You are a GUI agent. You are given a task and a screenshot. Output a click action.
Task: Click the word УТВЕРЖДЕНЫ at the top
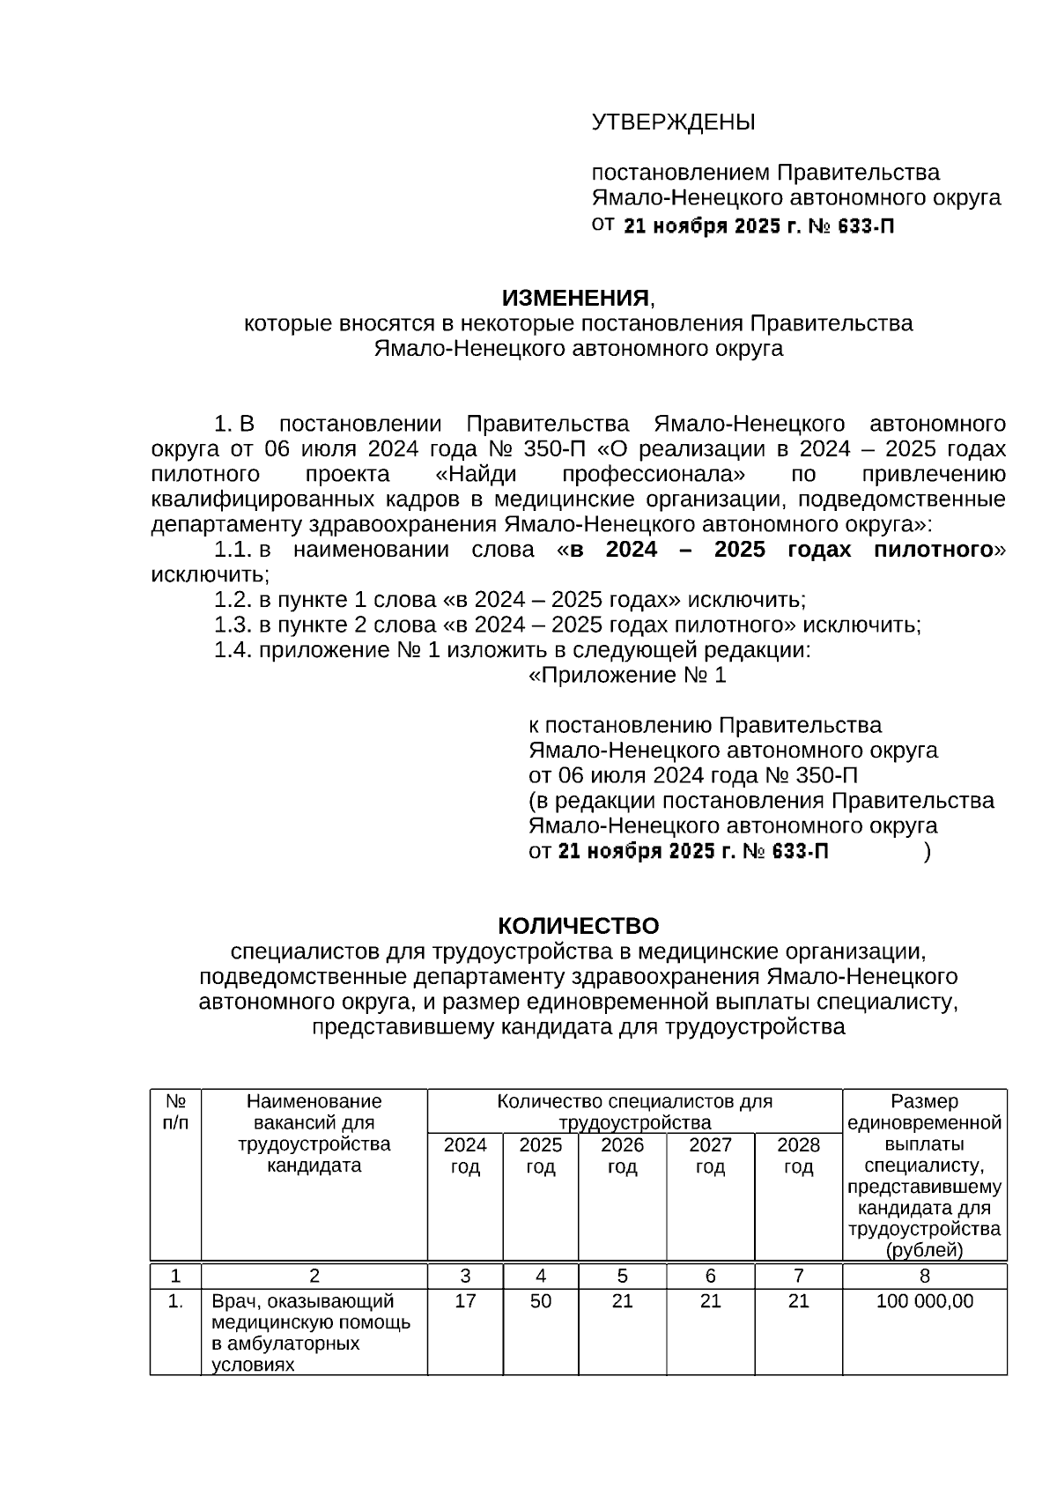pyautogui.click(x=673, y=122)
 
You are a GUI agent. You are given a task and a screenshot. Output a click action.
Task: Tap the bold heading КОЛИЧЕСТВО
pyautogui.click(x=578, y=926)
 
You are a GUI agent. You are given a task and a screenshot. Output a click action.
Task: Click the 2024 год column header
pyautogui.click(x=465, y=1156)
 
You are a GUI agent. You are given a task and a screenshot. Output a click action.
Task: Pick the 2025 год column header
pyautogui.click(x=541, y=1156)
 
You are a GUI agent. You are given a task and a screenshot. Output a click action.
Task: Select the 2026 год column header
pyautogui.click(x=622, y=1156)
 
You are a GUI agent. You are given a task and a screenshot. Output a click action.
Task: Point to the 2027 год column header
pyautogui.click(x=710, y=1156)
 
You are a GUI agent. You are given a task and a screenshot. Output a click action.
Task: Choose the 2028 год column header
pyautogui.click(x=798, y=1156)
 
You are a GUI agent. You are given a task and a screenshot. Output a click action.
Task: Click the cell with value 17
pyautogui.click(x=465, y=1301)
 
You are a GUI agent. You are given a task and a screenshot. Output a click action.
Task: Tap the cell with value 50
pyautogui.click(x=541, y=1301)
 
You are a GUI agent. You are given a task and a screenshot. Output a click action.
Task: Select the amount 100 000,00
pyautogui.click(x=925, y=1301)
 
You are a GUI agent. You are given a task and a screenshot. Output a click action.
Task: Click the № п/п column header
pyautogui.click(x=176, y=1112)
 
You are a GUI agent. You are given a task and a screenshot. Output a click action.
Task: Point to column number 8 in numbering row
pyautogui.click(x=925, y=1276)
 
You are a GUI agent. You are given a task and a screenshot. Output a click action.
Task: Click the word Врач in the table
pyautogui.click(x=233, y=1301)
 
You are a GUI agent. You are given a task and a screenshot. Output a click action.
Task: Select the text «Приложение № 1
pyautogui.click(x=627, y=676)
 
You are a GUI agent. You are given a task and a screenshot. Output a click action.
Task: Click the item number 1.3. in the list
pyautogui.click(x=233, y=625)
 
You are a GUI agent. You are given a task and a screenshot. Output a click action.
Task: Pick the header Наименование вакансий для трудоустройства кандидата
pyautogui.click(x=314, y=1133)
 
